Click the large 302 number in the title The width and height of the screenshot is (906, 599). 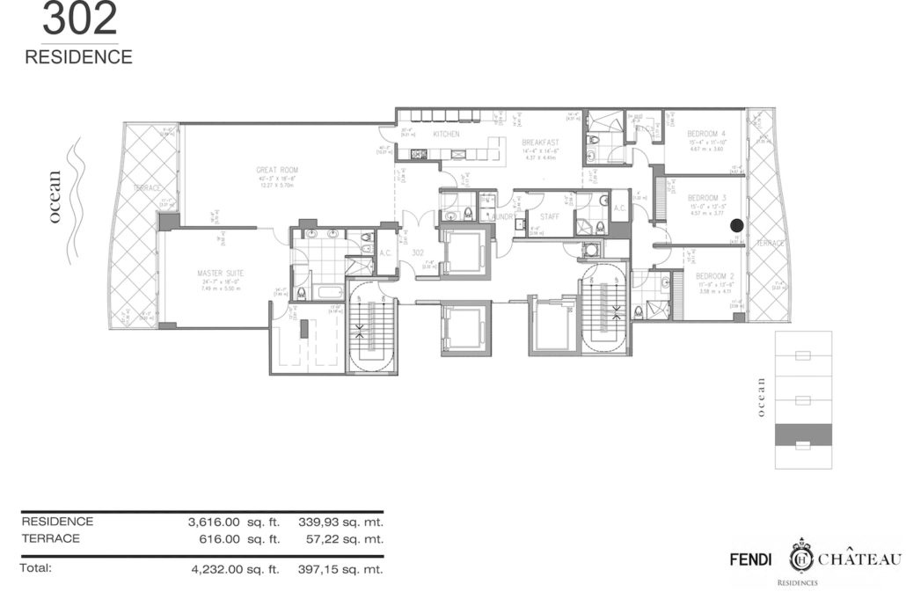click(x=80, y=19)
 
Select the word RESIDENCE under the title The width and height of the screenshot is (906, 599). click(x=79, y=57)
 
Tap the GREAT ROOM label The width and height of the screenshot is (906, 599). click(x=277, y=170)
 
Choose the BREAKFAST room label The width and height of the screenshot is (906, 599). click(x=540, y=142)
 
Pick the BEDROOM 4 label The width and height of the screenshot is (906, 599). click(x=706, y=133)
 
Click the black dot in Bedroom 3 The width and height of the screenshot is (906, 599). click(x=737, y=226)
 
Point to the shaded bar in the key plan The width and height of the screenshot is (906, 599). click(x=801, y=434)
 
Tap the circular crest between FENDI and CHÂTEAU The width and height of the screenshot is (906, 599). click(x=801, y=558)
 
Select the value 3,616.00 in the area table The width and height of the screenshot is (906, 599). click(x=216, y=522)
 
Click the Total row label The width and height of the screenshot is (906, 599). click(x=36, y=568)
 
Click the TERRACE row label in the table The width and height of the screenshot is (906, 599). click(x=50, y=538)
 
